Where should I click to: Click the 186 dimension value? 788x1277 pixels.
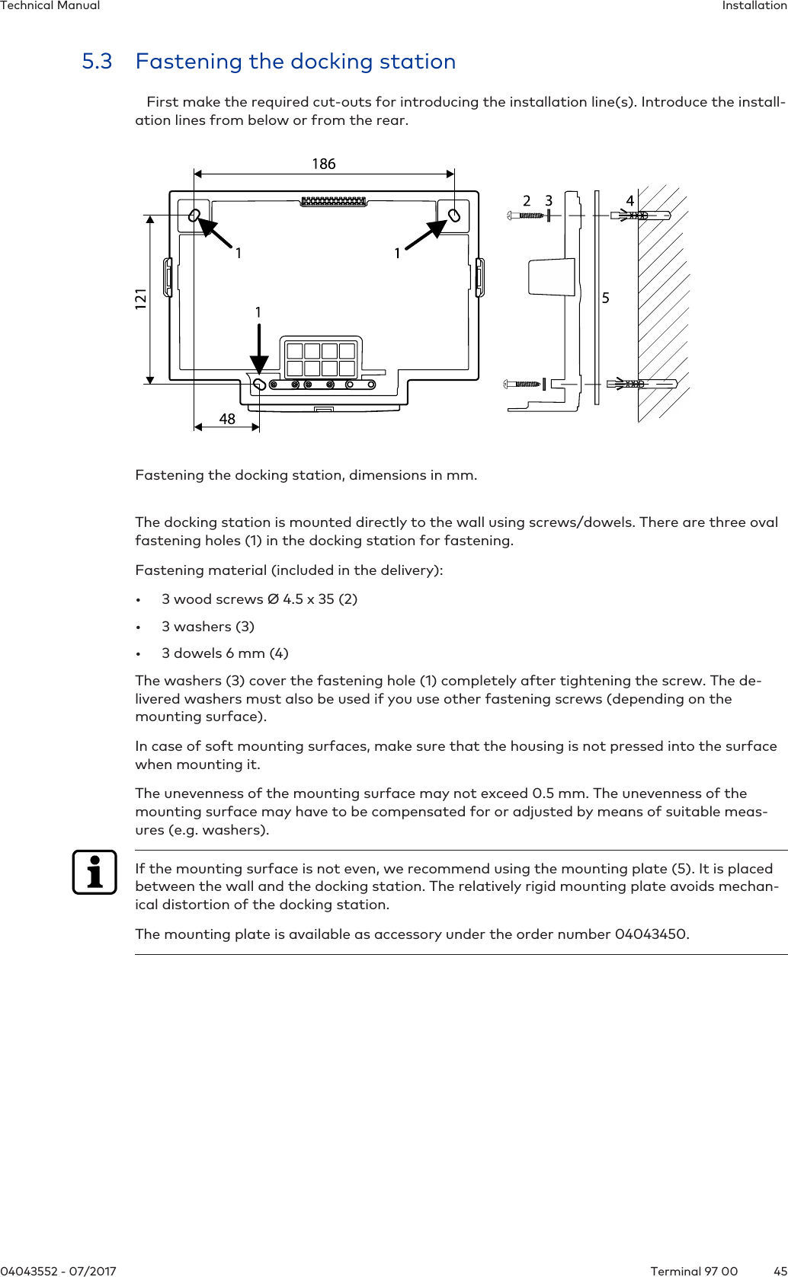(323, 164)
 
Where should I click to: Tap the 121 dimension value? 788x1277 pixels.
(141, 298)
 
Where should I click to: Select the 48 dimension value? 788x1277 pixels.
(227, 419)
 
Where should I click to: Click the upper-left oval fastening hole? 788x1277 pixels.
(194, 215)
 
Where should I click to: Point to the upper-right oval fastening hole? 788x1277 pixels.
(454, 215)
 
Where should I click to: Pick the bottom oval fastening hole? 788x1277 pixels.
(259, 384)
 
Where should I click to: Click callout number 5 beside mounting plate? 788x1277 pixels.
(606, 298)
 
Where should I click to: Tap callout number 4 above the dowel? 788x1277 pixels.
(630, 200)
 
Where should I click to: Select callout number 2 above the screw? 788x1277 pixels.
(527, 200)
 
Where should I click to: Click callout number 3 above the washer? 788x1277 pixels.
(549, 200)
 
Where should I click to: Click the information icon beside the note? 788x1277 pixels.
(94, 872)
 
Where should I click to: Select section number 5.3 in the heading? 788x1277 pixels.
(97, 62)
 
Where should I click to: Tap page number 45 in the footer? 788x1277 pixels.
(780, 1270)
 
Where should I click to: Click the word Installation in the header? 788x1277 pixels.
(754, 6)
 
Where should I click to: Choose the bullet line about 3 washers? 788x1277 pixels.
(207, 626)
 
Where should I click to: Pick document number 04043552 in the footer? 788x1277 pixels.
(29, 1270)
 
